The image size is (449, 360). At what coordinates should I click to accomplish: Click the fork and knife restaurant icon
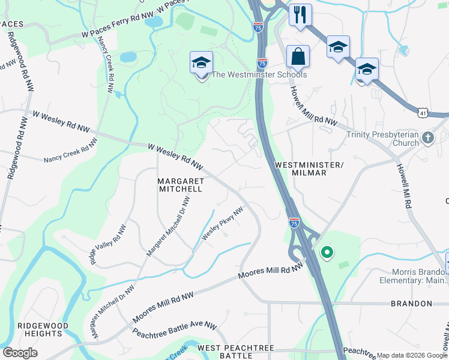coord(300,14)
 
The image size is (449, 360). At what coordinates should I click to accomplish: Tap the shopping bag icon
coord(298,57)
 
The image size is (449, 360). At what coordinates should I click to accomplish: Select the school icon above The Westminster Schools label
coord(202,62)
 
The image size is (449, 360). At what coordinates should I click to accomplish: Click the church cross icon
coord(427,139)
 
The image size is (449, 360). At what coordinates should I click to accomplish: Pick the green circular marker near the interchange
coord(327,253)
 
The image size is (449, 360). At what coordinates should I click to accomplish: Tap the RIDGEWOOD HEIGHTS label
coord(43,330)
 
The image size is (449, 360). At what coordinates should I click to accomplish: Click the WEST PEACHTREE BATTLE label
coord(236,352)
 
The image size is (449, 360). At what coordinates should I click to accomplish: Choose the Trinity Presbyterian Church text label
coord(382,139)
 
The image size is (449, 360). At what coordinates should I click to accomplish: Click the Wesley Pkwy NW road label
coord(223,224)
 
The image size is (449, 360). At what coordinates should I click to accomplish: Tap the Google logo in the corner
coord(20,352)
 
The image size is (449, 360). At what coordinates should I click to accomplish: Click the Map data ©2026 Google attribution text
coord(412,356)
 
